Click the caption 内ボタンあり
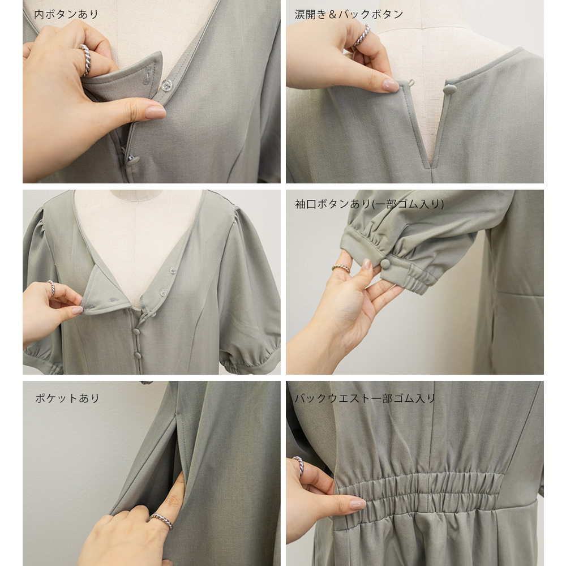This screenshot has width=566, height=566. pos(66,14)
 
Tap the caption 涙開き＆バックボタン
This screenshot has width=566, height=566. pos(349,14)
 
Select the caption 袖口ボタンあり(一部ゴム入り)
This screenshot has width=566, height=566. pos(369,204)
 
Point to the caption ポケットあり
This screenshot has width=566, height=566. pos(67,398)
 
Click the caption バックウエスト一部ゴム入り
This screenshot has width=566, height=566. pos(365,398)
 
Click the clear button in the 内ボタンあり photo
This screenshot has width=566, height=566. pos(166,85)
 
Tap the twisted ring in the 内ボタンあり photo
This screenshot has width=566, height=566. pos(85,59)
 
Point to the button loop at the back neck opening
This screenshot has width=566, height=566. pos(411,83)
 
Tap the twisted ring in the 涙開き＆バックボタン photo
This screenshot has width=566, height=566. pos(362,35)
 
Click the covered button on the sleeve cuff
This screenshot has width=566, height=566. pos(386,263)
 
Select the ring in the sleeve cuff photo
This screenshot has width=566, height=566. pos(341,268)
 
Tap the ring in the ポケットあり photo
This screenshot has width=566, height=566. pos(161,521)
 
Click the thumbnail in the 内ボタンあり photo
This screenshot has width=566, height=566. pos(156,112)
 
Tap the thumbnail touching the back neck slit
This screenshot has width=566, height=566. pos(390,85)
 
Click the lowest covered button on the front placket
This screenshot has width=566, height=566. pos(138,356)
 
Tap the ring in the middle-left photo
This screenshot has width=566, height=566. pos(52,288)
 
